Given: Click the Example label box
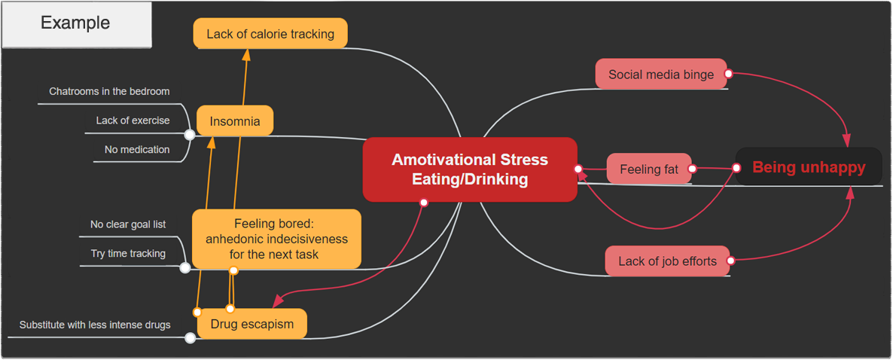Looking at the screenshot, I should click(x=76, y=23).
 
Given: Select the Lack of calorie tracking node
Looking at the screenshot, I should click(x=270, y=34).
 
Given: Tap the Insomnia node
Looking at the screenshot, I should click(x=235, y=121).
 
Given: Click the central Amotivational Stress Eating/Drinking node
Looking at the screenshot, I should click(x=470, y=169).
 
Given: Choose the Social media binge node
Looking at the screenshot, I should click(x=661, y=75).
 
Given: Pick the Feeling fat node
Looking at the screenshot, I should click(x=649, y=169).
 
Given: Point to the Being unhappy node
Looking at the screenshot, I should click(x=809, y=167).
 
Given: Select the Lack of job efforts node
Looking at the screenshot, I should click(x=667, y=261).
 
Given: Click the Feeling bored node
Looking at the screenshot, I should click(x=276, y=239).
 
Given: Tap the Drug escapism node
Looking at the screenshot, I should click(x=252, y=324).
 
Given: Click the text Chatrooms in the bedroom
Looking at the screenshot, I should click(x=110, y=91).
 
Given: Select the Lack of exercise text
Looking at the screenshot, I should click(x=133, y=121).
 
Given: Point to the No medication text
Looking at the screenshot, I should click(x=137, y=149).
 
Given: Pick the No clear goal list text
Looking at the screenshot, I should click(x=128, y=224).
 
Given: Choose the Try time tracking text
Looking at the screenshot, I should click(x=128, y=253).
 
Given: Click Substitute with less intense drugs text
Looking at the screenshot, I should click(x=95, y=325).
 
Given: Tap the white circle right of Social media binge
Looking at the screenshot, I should click(x=729, y=74).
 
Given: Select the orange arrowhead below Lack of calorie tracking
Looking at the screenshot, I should click(x=246, y=55).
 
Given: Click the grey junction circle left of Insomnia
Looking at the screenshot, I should click(x=190, y=135).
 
